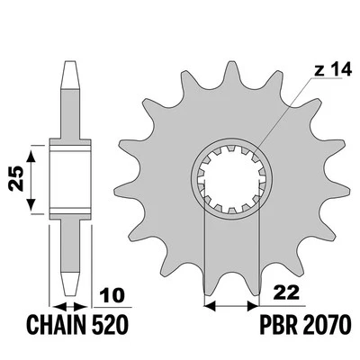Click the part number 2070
pyautogui.click(x=328, y=324)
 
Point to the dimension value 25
pyautogui.click(x=16, y=178)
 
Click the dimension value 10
pyautogui.click(x=112, y=295)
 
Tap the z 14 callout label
pyautogui.click(x=333, y=70)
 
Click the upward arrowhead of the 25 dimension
pyautogui.click(x=31, y=156)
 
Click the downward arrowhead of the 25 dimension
pyautogui.click(x=31, y=204)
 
